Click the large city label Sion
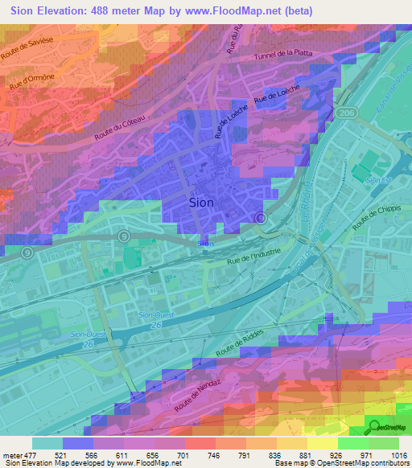coord(201,203)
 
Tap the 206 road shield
coord(346,112)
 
